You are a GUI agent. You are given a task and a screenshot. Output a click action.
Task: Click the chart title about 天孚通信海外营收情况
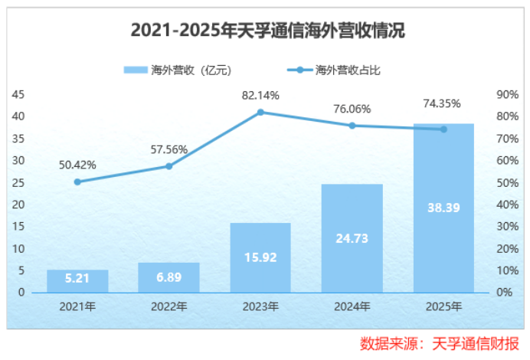click(x=265, y=31)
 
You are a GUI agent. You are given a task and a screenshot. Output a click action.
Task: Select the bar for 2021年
click(x=77, y=281)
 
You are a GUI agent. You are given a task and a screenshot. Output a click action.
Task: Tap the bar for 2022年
click(x=168, y=277)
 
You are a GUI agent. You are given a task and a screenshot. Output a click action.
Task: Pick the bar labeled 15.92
click(x=260, y=258)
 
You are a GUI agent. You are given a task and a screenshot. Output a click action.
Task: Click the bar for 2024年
click(x=352, y=238)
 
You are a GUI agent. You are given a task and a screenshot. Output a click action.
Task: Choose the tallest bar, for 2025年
click(x=443, y=208)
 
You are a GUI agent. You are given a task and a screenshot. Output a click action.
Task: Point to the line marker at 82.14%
click(x=260, y=112)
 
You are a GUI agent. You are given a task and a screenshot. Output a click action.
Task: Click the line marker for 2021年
click(x=77, y=182)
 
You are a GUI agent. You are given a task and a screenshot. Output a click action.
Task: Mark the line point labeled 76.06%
click(x=352, y=126)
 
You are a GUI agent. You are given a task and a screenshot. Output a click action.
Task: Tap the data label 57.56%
click(x=168, y=149)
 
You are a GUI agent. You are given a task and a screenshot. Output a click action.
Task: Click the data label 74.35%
click(x=443, y=103)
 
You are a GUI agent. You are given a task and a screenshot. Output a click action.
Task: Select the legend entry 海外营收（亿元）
click(x=178, y=70)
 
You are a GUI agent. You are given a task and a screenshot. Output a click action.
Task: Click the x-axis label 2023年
click(x=260, y=306)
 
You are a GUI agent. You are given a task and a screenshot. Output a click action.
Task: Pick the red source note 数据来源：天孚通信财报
click(x=440, y=342)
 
